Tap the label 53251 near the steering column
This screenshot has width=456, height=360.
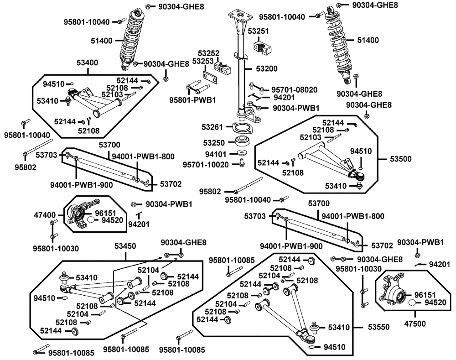(x=258, y=31)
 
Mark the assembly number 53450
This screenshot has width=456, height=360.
(x=124, y=246)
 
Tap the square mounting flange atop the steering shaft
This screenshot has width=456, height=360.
(x=241, y=17)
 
